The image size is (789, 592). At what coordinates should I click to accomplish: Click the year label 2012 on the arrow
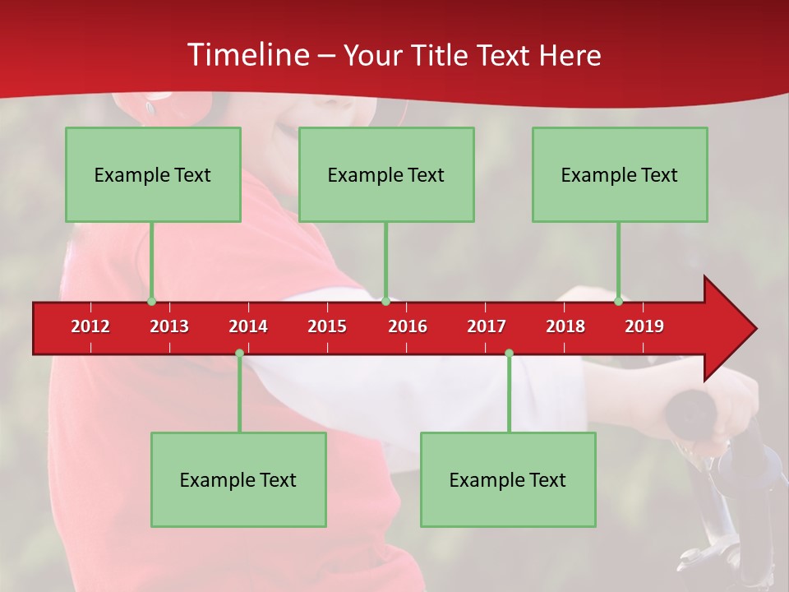pyautogui.click(x=90, y=326)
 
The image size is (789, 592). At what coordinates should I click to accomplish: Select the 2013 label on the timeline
pyautogui.click(x=169, y=326)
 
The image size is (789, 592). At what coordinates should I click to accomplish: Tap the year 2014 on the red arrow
pyautogui.click(x=248, y=326)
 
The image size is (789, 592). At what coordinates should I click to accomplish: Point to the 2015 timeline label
pyautogui.click(x=327, y=326)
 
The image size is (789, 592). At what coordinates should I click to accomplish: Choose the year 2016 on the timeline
pyautogui.click(x=408, y=326)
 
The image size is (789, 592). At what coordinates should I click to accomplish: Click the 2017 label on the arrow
pyautogui.click(x=487, y=326)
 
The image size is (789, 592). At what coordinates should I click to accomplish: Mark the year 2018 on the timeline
pyautogui.click(x=565, y=326)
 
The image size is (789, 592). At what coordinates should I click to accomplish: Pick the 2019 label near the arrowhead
pyautogui.click(x=644, y=326)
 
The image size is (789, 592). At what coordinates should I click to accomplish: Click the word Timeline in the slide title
pyautogui.click(x=247, y=55)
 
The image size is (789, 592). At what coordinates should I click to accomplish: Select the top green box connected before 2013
pyautogui.click(x=153, y=174)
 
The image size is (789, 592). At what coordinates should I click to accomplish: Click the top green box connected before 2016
pyautogui.click(x=386, y=174)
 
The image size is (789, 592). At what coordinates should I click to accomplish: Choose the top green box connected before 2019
pyautogui.click(x=620, y=174)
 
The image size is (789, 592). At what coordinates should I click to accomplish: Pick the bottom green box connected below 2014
pyautogui.click(x=238, y=479)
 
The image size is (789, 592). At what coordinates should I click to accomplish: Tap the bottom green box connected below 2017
pyautogui.click(x=508, y=479)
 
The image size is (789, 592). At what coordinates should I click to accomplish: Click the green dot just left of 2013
pyautogui.click(x=151, y=302)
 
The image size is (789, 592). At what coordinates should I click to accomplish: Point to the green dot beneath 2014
pyautogui.click(x=239, y=354)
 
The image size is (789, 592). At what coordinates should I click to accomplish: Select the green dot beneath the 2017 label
pyautogui.click(x=509, y=354)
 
